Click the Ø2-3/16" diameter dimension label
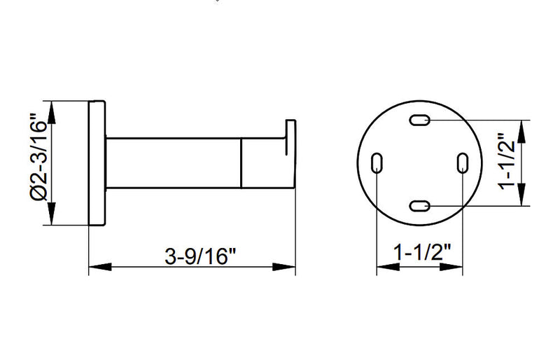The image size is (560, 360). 39,158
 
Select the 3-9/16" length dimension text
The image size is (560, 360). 200,256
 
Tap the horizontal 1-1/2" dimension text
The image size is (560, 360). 422,252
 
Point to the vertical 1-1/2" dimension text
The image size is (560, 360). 507,161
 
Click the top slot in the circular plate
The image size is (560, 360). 419,120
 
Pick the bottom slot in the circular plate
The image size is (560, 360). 419,206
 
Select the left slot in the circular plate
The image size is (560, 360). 377,162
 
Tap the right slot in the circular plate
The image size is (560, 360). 463,162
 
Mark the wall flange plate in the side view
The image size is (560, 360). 97,163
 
